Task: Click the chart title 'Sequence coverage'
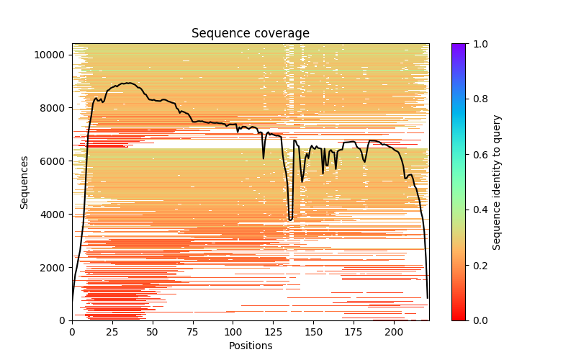(x=251, y=34)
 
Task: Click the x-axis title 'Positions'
(x=251, y=346)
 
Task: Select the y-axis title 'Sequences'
(x=24, y=182)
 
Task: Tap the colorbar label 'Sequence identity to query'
(x=497, y=182)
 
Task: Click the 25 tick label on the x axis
(x=112, y=332)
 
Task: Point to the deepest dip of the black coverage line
(x=290, y=220)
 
